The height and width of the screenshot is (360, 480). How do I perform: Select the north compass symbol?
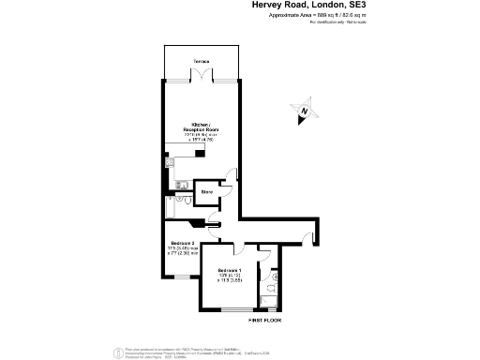303,112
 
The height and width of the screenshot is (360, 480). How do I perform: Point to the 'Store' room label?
206,191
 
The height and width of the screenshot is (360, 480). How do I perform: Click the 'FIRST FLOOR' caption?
264,320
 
